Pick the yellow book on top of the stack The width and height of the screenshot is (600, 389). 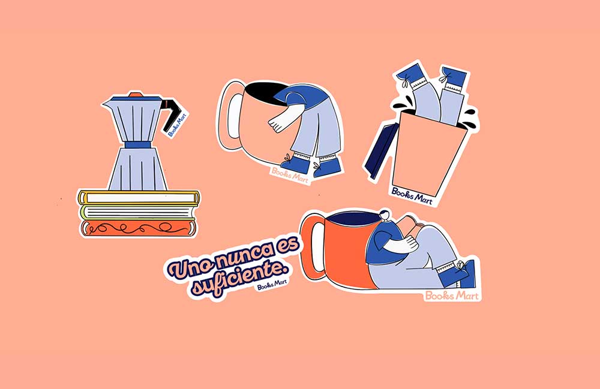(x=139, y=198)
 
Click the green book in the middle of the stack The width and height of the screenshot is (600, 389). (x=138, y=212)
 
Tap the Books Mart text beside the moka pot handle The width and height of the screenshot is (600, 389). (x=177, y=125)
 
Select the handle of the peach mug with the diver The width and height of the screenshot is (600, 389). (x=233, y=114)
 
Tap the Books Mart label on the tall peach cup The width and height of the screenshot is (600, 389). (x=412, y=196)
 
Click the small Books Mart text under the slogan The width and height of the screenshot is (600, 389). (x=272, y=285)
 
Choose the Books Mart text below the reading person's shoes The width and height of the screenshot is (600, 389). (x=452, y=295)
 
